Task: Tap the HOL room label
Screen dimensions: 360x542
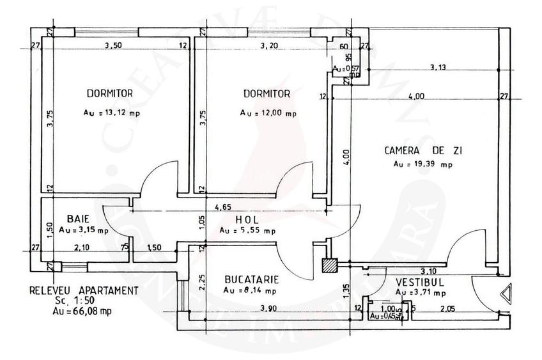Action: tap(247, 219)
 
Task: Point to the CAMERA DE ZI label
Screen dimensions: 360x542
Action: tap(423, 152)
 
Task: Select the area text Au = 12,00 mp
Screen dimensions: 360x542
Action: tap(268, 113)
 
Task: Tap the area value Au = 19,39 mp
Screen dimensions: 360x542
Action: tap(423, 164)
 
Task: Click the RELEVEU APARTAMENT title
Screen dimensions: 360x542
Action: tap(83, 290)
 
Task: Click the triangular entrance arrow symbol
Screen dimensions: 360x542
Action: tap(506, 294)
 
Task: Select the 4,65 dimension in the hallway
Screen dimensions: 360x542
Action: tap(223, 207)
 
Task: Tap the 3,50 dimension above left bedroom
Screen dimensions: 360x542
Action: tap(113, 45)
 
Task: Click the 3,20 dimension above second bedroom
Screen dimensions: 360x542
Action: tap(270, 45)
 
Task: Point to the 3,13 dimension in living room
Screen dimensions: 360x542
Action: tap(438, 66)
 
